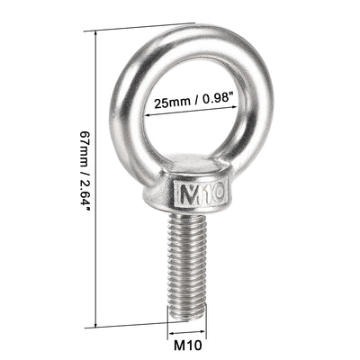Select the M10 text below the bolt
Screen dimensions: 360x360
185,343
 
